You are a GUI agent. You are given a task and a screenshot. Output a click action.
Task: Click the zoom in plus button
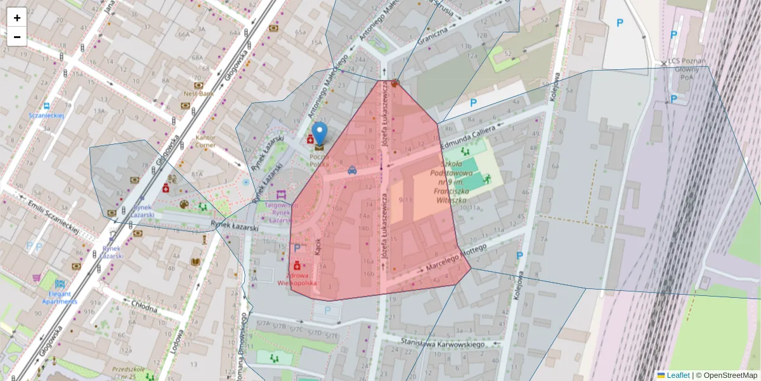point(17,18)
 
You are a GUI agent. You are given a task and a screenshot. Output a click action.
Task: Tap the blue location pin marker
point(320,134)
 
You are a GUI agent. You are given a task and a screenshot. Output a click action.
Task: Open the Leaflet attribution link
point(678,375)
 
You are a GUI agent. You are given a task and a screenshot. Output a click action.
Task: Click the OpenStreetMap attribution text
point(730,375)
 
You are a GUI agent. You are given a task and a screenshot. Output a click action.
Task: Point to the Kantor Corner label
point(206,141)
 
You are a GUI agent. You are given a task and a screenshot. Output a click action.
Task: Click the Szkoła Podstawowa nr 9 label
point(452,182)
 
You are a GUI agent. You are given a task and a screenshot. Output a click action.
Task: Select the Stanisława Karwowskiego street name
point(444,344)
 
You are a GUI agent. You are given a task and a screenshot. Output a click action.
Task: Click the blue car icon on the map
point(352,170)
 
